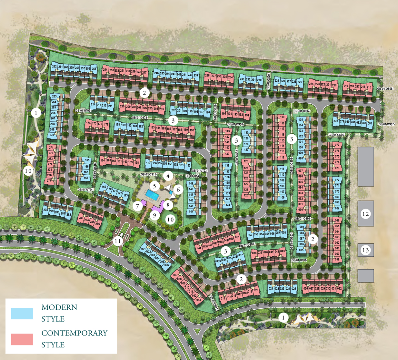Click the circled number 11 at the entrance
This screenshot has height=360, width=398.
(x=118, y=241)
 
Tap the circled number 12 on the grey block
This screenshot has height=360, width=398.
(x=365, y=214)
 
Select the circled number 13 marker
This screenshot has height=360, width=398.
(x=365, y=250)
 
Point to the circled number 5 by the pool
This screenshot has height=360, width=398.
(x=155, y=186)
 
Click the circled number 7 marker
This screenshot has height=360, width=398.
(x=138, y=206)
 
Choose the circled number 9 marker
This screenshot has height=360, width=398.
(x=154, y=215)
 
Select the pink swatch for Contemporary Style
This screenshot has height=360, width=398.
(x=22, y=339)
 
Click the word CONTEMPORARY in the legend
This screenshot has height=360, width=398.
(x=74, y=333)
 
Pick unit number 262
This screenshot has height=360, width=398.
(x=54, y=67)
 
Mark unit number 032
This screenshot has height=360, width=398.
(x=339, y=289)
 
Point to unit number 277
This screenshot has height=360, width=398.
(x=49, y=181)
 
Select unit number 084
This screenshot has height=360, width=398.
(x=370, y=123)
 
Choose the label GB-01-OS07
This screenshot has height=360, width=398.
(x=386, y=124)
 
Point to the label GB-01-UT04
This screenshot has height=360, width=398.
(x=85, y=190)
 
